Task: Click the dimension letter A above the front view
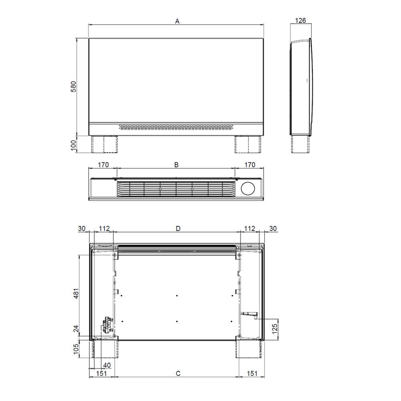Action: click(177, 21)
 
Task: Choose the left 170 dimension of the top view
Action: click(103, 164)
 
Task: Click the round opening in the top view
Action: click(249, 188)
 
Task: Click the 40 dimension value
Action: click(107, 365)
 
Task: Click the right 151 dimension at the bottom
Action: click(251, 373)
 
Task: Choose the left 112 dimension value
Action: click(104, 228)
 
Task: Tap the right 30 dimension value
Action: click(273, 228)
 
